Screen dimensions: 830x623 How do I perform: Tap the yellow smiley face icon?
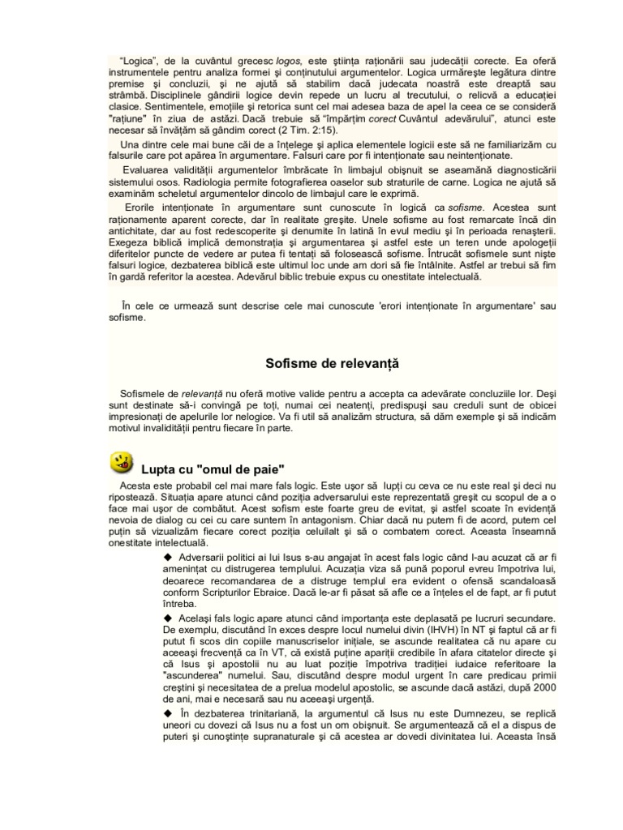tap(121, 463)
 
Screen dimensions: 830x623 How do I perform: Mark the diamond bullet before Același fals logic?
tap(168, 617)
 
